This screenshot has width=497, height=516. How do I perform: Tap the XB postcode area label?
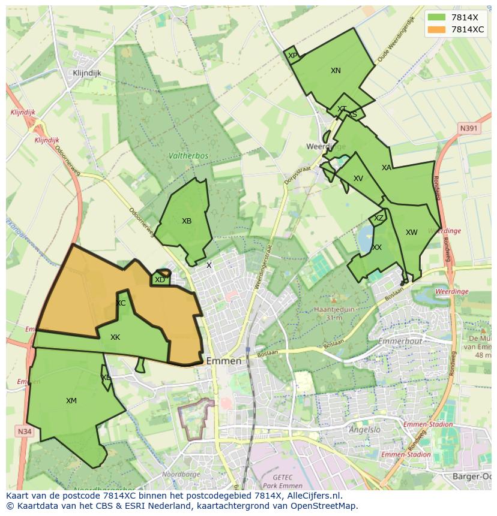(x=187, y=221)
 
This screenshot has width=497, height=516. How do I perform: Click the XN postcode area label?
(x=336, y=71)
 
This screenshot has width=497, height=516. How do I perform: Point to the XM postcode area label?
(x=71, y=401)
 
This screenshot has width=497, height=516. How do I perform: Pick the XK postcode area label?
(x=115, y=337)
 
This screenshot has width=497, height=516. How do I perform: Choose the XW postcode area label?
(x=411, y=233)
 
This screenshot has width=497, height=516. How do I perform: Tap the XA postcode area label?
(x=387, y=168)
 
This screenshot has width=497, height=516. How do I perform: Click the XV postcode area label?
(x=358, y=179)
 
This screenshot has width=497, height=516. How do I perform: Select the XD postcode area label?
(x=160, y=280)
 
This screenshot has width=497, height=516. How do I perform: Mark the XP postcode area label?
(x=292, y=56)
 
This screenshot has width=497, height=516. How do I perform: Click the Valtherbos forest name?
(x=188, y=156)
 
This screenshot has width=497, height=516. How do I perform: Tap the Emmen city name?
(x=223, y=361)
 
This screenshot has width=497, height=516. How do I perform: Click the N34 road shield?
(x=24, y=431)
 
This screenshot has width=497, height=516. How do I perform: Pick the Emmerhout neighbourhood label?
(x=400, y=342)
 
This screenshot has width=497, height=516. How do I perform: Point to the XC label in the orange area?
(x=121, y=303)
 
